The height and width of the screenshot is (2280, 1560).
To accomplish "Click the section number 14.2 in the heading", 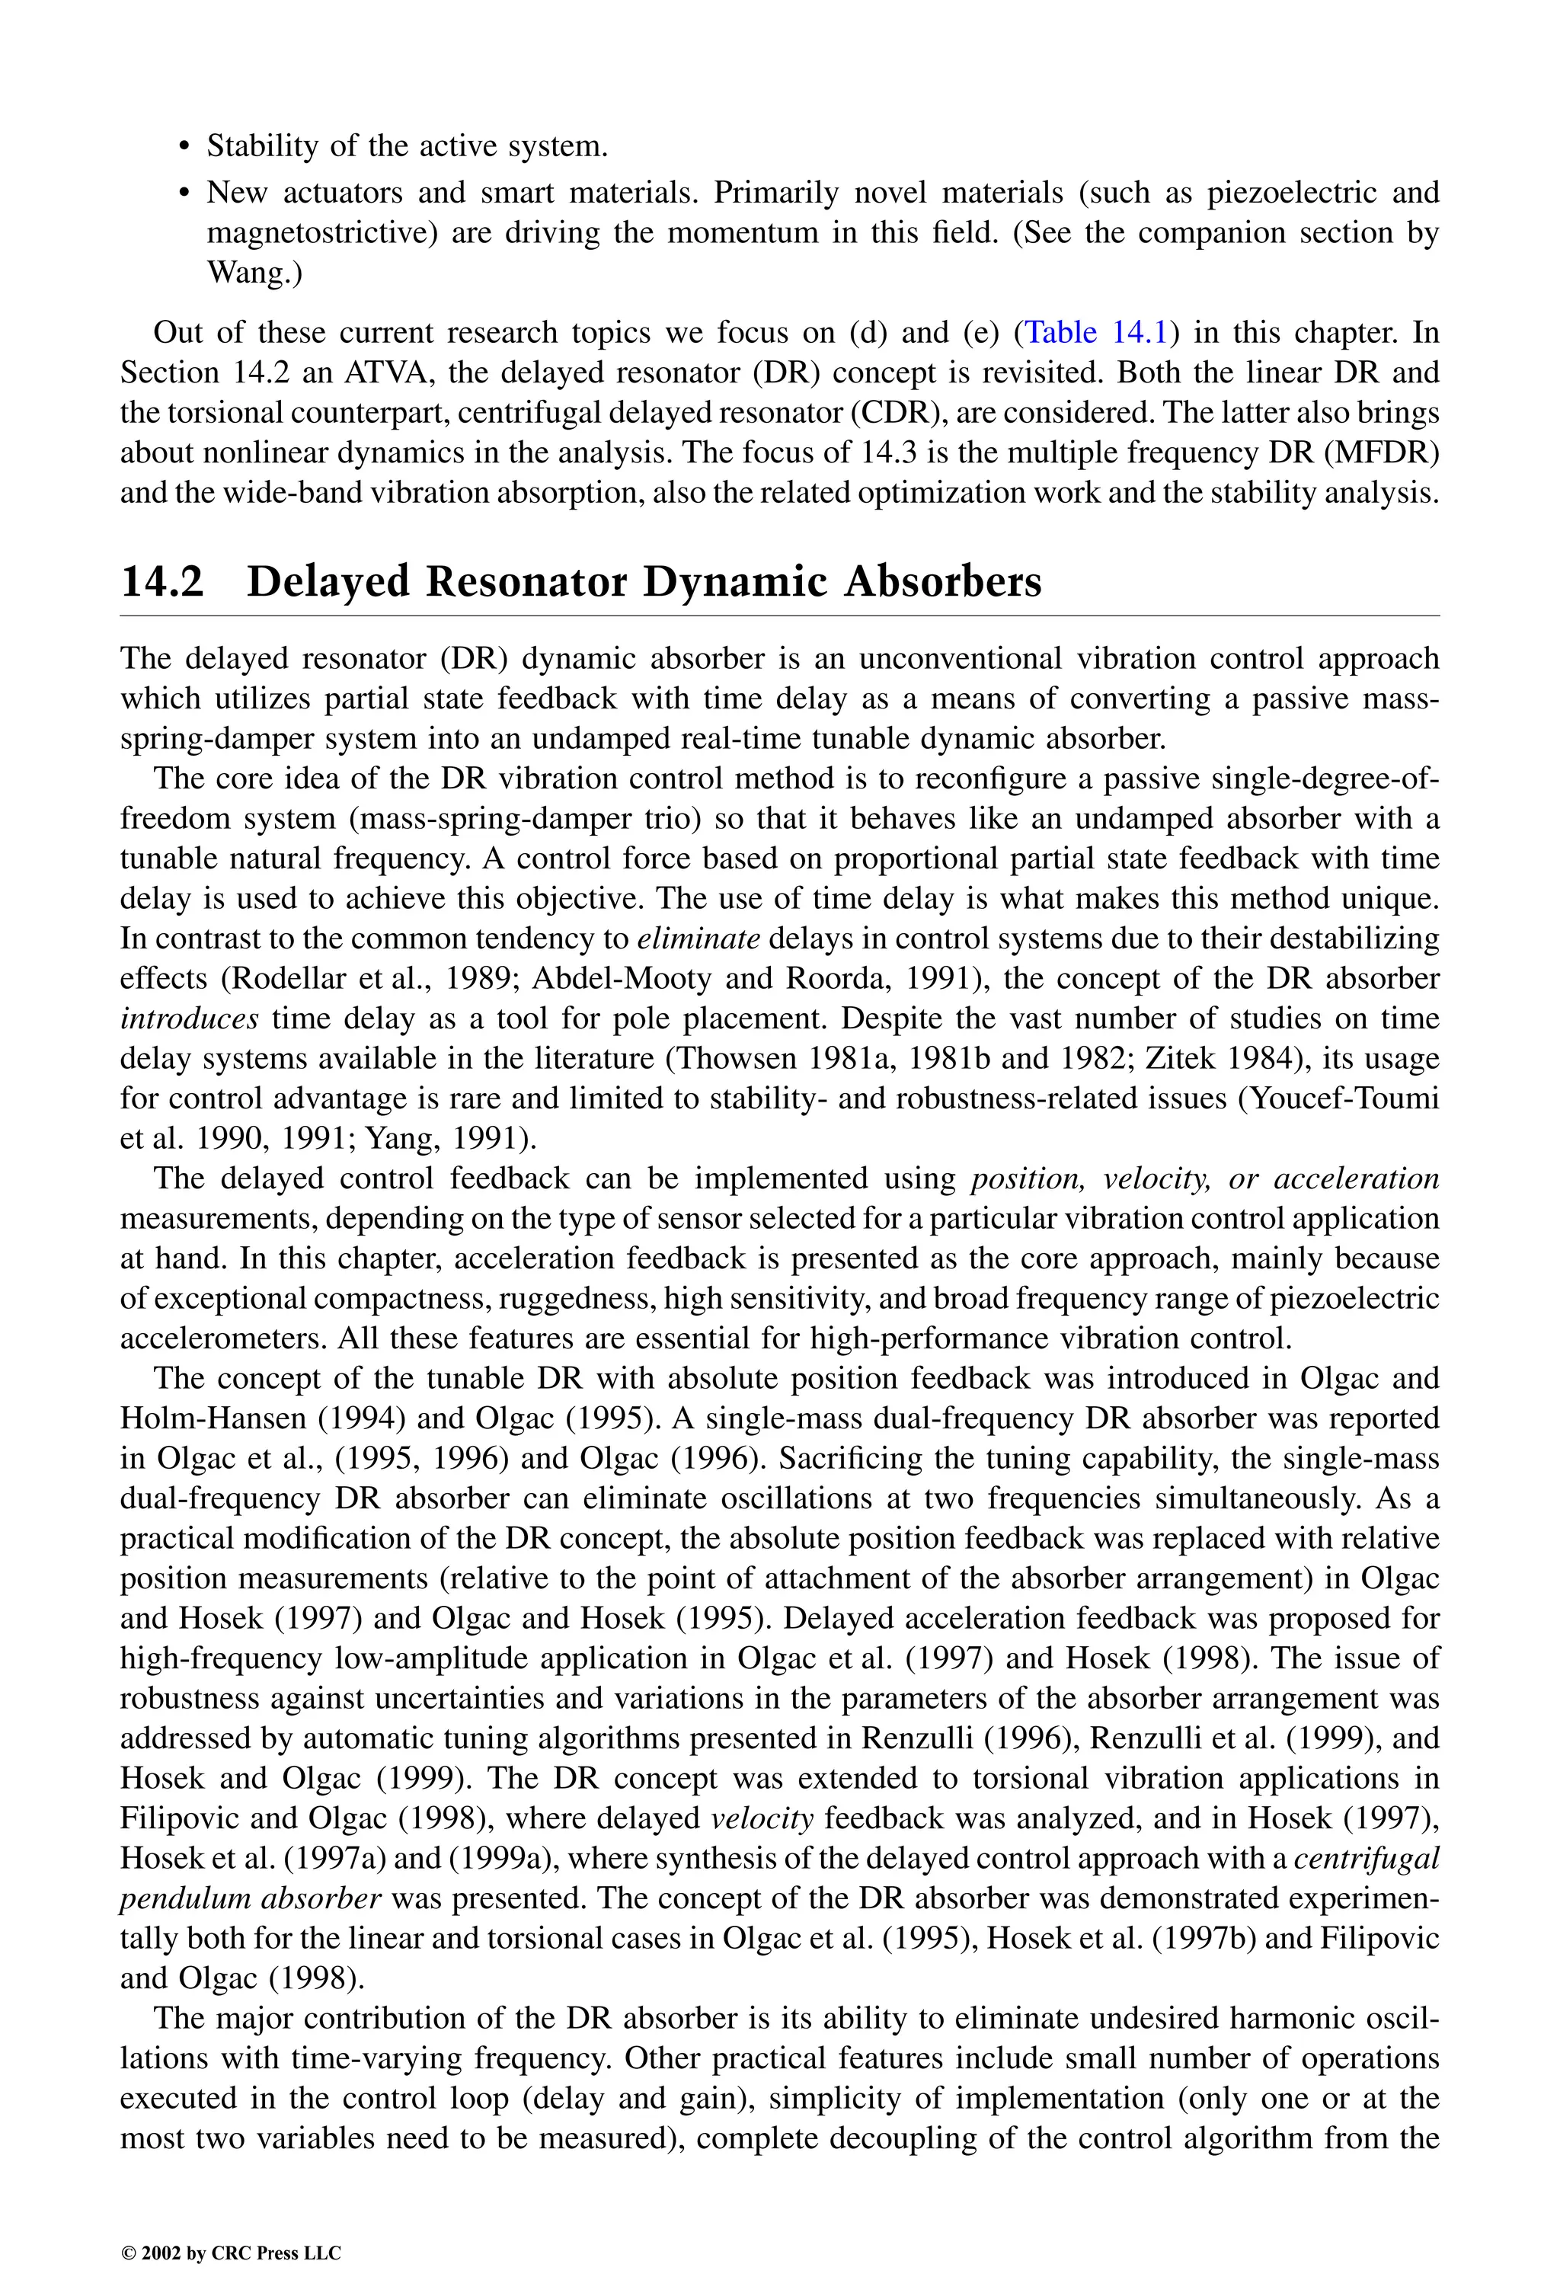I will pos(162,582).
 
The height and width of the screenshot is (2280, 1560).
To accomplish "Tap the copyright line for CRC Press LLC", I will pos(231,2253).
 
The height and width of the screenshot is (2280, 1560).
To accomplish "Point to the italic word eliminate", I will pos(698,938).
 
